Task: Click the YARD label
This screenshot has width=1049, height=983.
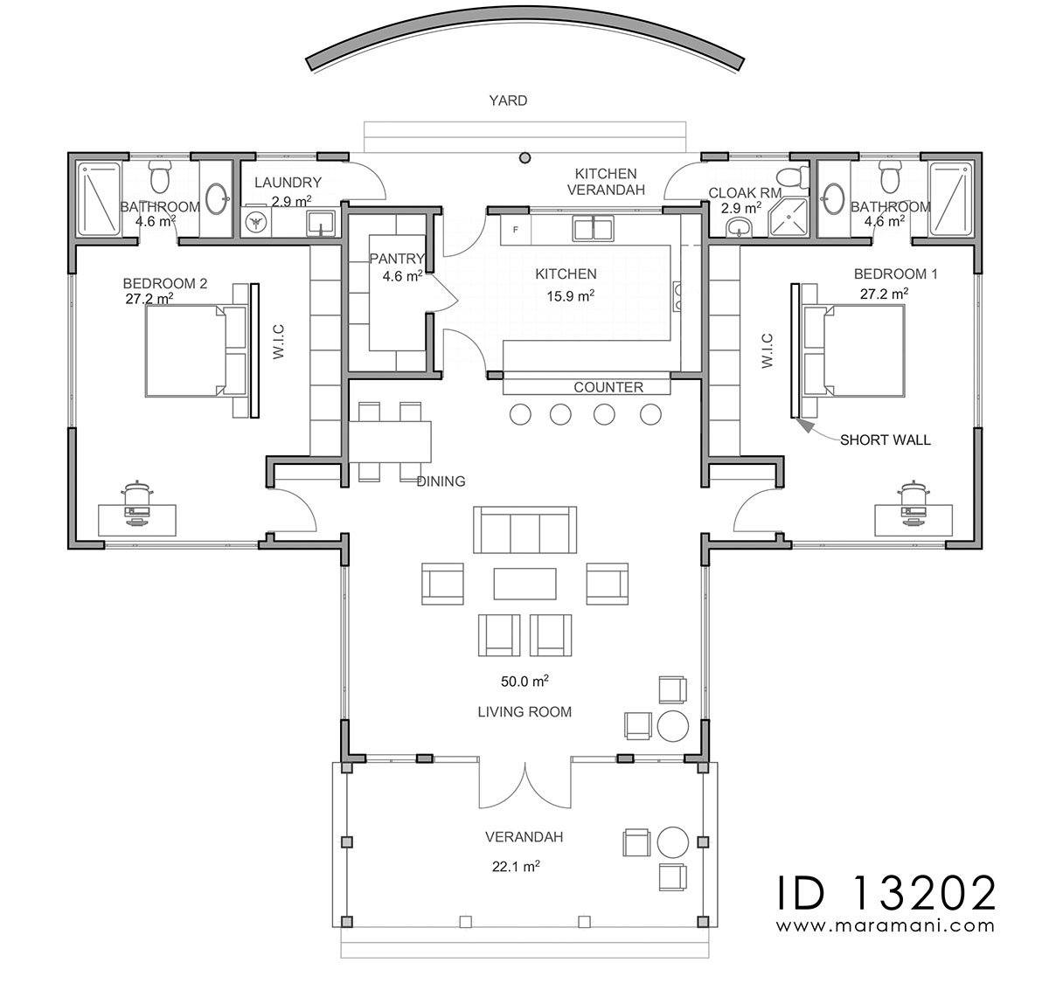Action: (508, 100)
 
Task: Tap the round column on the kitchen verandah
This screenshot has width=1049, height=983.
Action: (524, 157)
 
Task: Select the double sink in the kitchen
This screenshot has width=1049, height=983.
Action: (594, 229)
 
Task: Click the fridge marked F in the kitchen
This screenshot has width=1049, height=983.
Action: (516, 230)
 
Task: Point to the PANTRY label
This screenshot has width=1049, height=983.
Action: (397, 259)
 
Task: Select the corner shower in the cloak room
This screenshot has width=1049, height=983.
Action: (788, 217)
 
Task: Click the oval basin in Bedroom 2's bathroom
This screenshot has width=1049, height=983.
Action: (217, 199)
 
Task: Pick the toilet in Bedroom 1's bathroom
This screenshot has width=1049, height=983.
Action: (889, 177)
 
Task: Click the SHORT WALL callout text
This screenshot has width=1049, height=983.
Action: (886, 440)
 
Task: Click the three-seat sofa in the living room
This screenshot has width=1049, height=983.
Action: (524, 530)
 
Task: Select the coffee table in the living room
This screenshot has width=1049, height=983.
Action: (524, 584)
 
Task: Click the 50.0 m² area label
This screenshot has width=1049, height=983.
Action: (524, 681)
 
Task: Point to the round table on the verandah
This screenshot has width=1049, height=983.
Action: (673, 842)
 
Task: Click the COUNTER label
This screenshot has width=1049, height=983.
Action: (608, 387)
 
